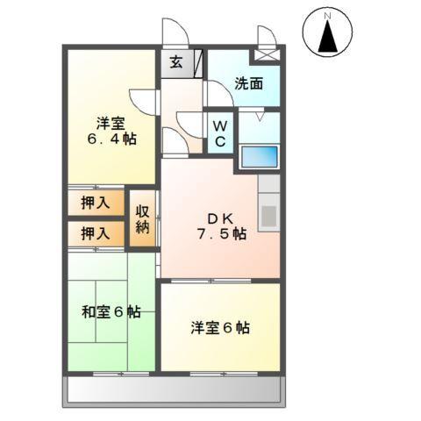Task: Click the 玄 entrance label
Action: click(x=176, y=63)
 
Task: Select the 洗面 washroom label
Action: click(x=249, y=84)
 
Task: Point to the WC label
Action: click(x=220, y=132)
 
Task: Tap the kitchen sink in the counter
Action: click(x=268, y=215)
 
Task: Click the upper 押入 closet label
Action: click(x=96, y=203)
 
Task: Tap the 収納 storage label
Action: click(x=143, y=219)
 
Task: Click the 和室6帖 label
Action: click(x=112, y=311)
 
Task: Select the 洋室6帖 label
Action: click(x=221, y=327)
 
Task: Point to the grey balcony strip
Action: click(x=175, y=389)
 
